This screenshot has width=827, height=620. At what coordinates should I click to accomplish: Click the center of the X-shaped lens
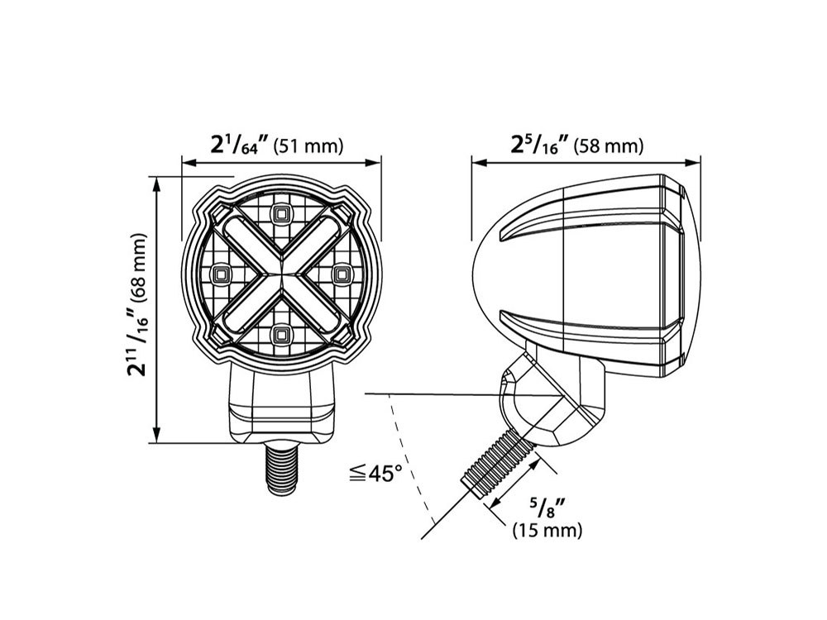(280, 273)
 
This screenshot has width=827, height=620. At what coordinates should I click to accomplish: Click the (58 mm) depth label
(609, 146)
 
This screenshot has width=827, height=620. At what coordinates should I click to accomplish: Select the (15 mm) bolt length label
(547, 529)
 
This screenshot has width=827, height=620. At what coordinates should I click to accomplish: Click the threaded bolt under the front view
(280, 469)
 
